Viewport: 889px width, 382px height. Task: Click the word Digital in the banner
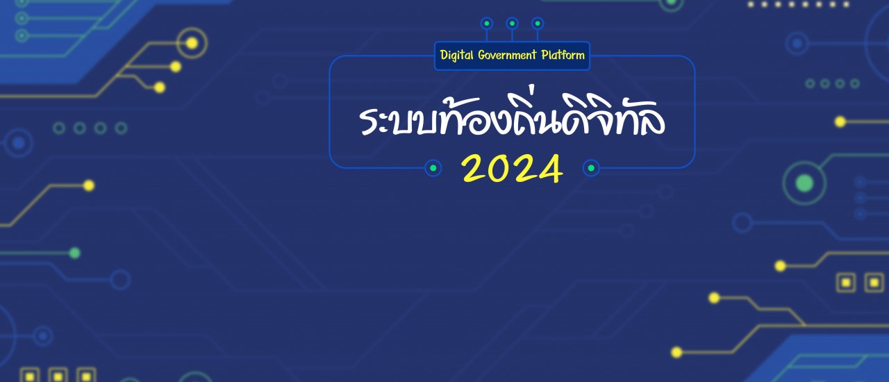tap(457, 55)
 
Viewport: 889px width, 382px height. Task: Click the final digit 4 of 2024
tap(549, 169)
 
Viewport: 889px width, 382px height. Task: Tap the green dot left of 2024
tap(433, 168)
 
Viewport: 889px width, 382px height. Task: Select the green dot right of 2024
tap(591, 168)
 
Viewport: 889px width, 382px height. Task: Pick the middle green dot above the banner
tap(512, 24)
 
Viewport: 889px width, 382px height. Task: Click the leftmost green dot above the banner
tap(487, 24)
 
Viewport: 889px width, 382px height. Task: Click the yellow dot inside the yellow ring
tap(192, 43)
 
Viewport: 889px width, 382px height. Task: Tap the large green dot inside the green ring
tap(804, 183)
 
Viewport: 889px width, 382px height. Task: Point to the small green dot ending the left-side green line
tap(74, 253)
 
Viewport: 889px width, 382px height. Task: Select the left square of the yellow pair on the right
tap(846, 282)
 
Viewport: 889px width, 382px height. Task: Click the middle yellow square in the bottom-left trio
tap(58, 376)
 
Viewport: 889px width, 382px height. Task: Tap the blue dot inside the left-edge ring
tap(18, 143)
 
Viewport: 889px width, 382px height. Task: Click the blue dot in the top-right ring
tap(797, 43)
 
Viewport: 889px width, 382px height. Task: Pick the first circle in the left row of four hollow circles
tap(59, 128)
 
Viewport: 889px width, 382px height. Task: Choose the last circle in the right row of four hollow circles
tap(855, 83)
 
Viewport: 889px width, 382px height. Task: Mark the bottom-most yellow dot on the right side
tap(676, 352)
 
